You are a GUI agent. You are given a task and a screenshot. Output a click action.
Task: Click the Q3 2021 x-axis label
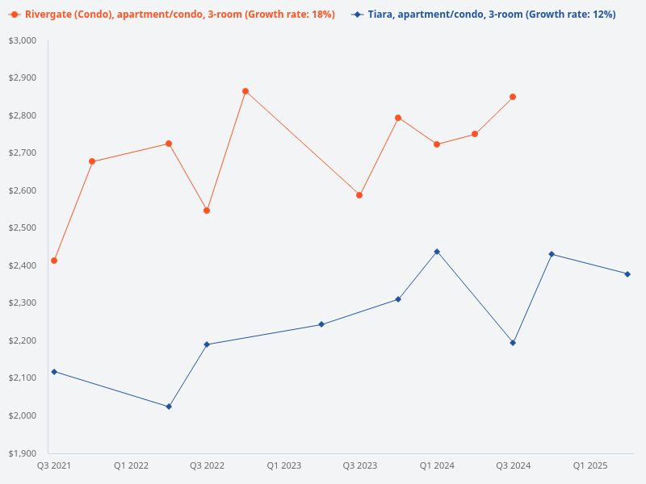[54, 465]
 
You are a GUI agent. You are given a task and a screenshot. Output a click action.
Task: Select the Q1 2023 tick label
[283, 465]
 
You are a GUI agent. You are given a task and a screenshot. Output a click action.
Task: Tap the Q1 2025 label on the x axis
[589, 465]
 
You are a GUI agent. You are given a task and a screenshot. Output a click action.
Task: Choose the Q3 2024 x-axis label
[513, 465]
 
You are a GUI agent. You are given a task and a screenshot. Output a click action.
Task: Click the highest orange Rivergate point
[245, 91]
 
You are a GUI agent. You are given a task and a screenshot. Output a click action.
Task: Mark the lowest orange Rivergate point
[54, 261]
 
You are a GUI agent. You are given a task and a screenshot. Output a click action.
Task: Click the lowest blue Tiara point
[169, 407]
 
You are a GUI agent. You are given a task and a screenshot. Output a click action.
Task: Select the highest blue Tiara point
[437, 252]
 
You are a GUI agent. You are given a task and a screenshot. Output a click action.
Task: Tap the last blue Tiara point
[627, 274]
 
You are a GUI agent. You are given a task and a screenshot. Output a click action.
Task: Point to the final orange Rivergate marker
[513, 97]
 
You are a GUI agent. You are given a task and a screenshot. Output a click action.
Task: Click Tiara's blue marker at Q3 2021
[54, 371]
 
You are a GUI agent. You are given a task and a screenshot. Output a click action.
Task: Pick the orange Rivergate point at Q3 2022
[207, 211]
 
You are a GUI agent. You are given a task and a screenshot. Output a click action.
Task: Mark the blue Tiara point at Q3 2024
[513, 343]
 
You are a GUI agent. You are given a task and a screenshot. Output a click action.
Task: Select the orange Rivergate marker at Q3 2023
[359, 195]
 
